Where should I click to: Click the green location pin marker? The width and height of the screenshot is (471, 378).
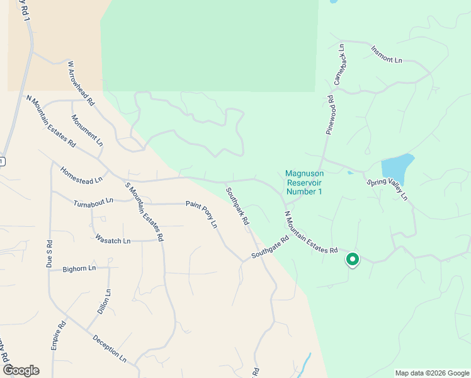tap(353, 259)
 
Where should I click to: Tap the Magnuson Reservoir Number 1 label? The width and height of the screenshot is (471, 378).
tap(304, 182)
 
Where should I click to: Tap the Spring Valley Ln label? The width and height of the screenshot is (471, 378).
tap(388, 188)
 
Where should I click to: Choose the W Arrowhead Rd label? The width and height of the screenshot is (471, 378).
tap(81, 83)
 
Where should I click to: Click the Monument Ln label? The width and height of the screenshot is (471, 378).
tap(87, 130)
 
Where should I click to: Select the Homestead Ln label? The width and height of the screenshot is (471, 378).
tap(81, 175)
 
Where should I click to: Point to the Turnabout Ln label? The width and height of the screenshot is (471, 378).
tap(93, 202)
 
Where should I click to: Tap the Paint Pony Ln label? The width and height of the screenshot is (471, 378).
tap(201, 214)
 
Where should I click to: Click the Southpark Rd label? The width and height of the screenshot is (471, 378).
tap(237, 205)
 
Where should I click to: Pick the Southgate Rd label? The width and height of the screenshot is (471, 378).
tap(270, 247)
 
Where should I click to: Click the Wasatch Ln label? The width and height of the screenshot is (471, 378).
tap(113, 240)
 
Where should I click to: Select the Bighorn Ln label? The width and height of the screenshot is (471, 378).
tap(79, 268)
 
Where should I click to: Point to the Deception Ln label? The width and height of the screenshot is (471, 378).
tap(110, 348)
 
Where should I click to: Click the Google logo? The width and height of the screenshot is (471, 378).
tap(20, 370)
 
